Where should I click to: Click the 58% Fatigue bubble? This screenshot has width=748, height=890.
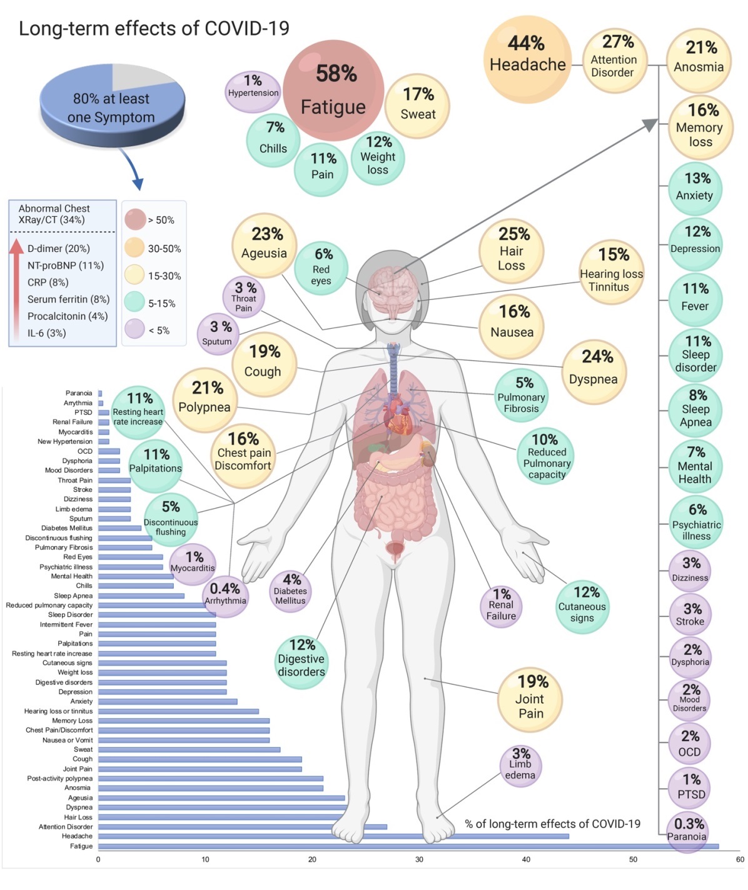[x=333, y=90]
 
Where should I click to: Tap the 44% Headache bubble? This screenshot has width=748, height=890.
[x=527, y=59]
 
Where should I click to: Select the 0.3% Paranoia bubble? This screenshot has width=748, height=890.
[x=688, y=831]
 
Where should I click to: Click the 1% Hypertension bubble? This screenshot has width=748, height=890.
[x=253, y=91]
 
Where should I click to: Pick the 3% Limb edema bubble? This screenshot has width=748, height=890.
[x=520, y=766]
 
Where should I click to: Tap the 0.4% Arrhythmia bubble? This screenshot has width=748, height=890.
[x=225, y=596]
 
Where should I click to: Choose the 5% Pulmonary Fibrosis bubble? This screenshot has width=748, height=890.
[x=522, y=396]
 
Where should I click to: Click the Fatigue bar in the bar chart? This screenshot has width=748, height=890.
[x=407, y=846]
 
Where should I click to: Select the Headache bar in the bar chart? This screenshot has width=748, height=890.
[x=331, y=836]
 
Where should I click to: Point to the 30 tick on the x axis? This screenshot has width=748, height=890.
[x=419, y=860]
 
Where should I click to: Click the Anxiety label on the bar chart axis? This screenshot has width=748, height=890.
[x=81, y=701]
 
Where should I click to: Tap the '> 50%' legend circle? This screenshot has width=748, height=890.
[x=135, y=219]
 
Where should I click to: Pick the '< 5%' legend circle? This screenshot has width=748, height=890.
[x=134, y=329]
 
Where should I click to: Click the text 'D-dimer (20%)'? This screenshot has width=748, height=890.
[x=59, y=249]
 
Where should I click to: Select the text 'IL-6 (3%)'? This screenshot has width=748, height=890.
[x=46, y=333]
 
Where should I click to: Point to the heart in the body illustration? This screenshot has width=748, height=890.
[x=398, y=417]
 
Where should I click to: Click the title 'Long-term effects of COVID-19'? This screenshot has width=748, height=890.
[x=154, y=29]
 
